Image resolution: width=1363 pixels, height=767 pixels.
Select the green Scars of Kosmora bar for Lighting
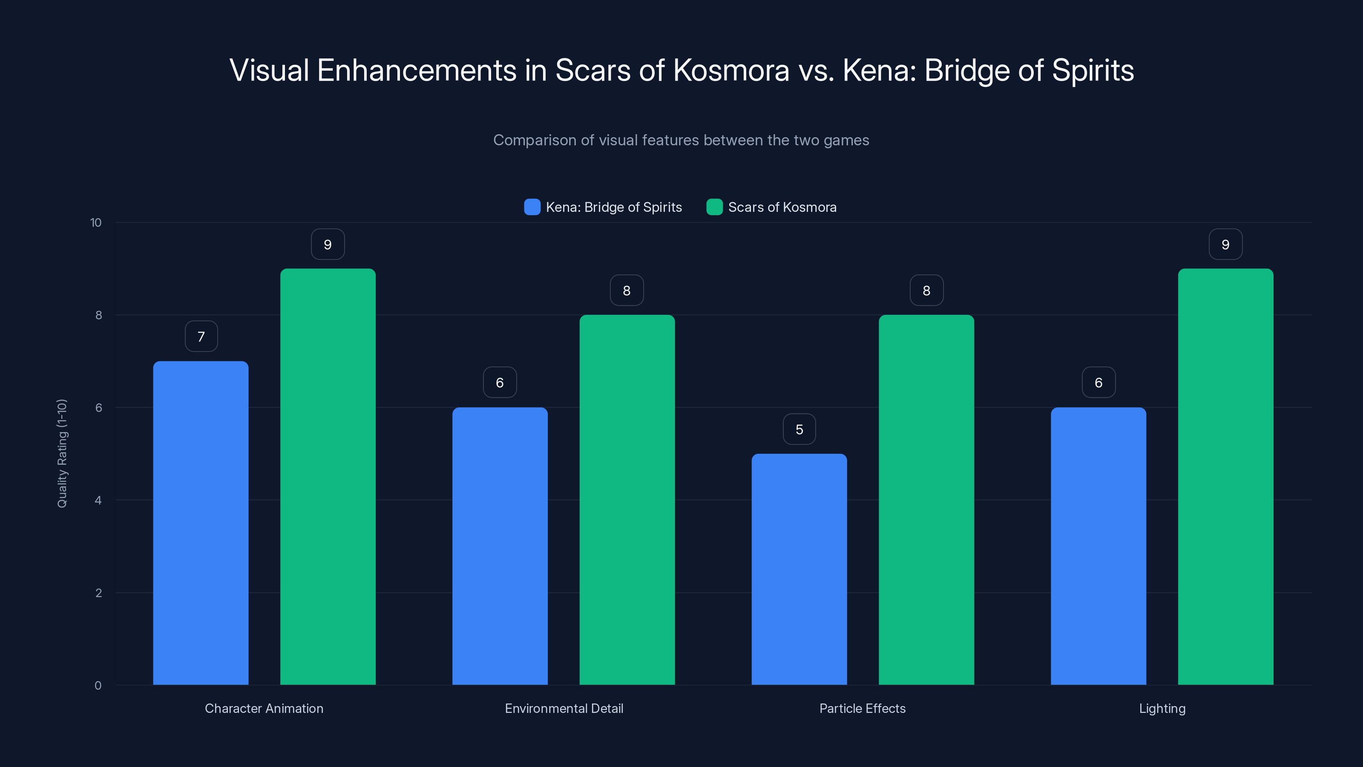click(x=1225, y=476)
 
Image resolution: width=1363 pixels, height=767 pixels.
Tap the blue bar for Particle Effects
click(x=799, y=569)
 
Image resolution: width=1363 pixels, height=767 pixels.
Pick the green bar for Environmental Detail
click(x=627, y=500)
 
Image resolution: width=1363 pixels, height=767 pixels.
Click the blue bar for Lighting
click(x=1098, y=546)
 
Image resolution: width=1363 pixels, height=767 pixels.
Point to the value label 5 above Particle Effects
click(x=799, y=429)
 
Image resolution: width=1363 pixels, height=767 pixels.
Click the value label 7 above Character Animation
click(x=201, y=337)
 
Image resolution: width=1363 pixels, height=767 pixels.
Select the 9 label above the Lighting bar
click(x=1225, y=245)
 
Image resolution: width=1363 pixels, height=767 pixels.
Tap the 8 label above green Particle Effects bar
click(x=926, y=291)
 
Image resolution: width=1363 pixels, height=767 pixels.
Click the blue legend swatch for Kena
click(x=532, y=207)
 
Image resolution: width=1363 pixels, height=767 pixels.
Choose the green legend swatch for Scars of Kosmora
click(x=714, y=207)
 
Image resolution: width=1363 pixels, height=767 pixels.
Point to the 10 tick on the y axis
click(x=96, y=223)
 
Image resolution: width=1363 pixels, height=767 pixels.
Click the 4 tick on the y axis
click(x=98, y=500)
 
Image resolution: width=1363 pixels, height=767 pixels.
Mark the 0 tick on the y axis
click(x=98, y=686)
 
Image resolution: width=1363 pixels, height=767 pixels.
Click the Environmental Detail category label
click(x=564, y=708)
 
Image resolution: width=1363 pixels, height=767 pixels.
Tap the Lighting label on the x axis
click(x=1162, y=708)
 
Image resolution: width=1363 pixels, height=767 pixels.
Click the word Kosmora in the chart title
click(x=731, y=70)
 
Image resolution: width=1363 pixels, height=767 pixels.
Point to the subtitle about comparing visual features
click(x=681, y=140)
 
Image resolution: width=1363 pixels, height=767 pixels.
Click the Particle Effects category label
click(x=863, y=708)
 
